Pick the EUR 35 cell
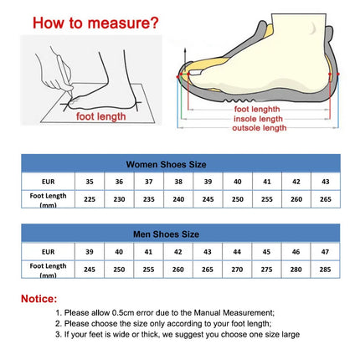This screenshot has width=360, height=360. point(90,181)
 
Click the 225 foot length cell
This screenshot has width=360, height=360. point(90,199)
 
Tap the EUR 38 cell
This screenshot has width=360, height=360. point(178,181)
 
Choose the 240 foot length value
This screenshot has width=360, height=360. point(178,199)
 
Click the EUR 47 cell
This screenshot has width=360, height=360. point(326,251)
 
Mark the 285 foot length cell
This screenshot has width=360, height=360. point(326,270)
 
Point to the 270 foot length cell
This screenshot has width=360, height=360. point(238,270)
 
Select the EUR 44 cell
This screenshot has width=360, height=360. point(238,251)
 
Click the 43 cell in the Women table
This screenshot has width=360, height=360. point(326,181)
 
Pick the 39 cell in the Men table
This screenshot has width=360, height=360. point(90,251)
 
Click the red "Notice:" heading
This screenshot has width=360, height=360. point(39,298)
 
